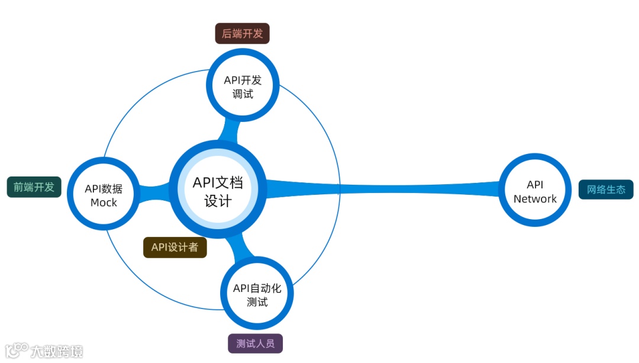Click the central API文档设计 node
pyautogui.click(x=218, y=190)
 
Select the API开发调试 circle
pyautogui.click(x=242, y=86)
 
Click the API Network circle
pyautogui.click(x=535, y=190)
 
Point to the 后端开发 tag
pyautogui.click(x=242, y=34)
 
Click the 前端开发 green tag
pyautogui.click(x=34, y=187)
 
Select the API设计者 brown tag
pyautogui.click(x=175, y=248)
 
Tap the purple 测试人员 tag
pyautogui.click(x=255, y=343)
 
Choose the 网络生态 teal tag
pyautogui.click(x=606, y=189)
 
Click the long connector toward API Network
pyautogui.click(x=385, y=189)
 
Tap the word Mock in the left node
pyautogui.click(x=104, y=203)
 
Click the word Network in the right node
pyautogui.click(x=535, y=199)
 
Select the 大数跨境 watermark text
pyautogui.click(x=57, y=351)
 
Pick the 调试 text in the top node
pyautogui.click(x=243, y=94)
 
